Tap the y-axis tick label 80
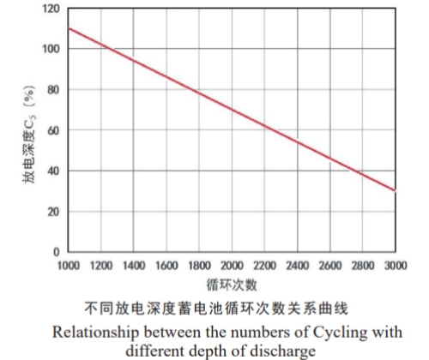point(53,89)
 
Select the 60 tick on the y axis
point(53,130)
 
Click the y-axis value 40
point(53,171)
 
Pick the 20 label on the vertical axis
point(53,212)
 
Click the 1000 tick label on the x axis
point(68,266)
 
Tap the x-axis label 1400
point(134,266)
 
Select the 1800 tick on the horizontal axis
point(199,266)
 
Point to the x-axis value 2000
point(232,266)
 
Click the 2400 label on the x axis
point(298,266)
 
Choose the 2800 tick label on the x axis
point(363,266)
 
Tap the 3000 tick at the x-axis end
point(396,266)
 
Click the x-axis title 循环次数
point(232,284)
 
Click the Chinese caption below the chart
point(232,307)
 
